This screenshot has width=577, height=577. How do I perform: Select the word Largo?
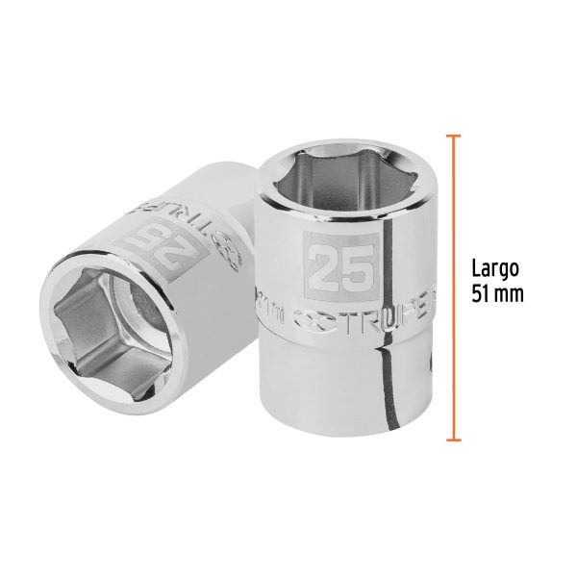(x=494, y=268)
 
